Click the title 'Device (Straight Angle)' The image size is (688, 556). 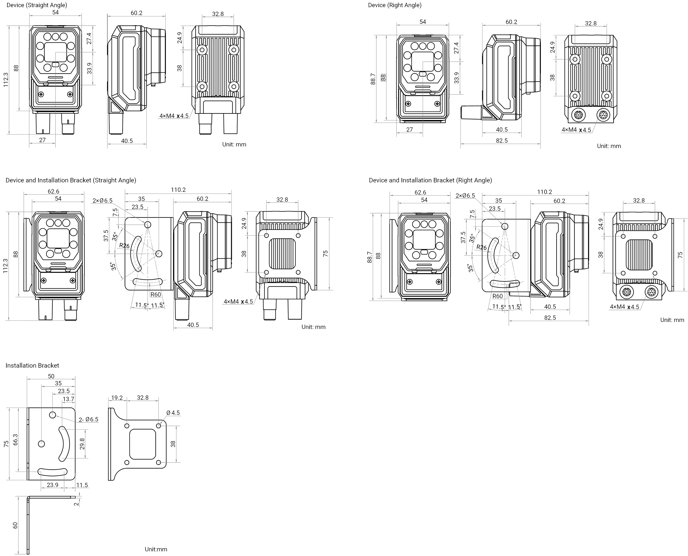pyautogui.click(x=37, y=5)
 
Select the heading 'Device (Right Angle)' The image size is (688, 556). pyautogui.click(x=395, y=5)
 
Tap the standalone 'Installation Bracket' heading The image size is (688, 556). pyautogui.click(x=32, y=365)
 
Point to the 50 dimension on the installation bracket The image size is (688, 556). pyautogui.click(x=51, y=376)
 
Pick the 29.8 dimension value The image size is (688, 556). pyautogui.click(x=82, y=444)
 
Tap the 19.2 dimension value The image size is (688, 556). pyautogui.click(x=117, y=398)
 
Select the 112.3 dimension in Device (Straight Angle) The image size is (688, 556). pyautogui.click(x=6, y=80)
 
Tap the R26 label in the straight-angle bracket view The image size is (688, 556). pyautogui.click(x=124, y=246)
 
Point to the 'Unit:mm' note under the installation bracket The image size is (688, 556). pyautogui.click(x=156, y=549)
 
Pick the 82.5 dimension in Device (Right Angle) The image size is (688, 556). pyautogui.click(x=502, y=141)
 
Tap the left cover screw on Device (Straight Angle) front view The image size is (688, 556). pyautogui.click(x=41, y=94)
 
